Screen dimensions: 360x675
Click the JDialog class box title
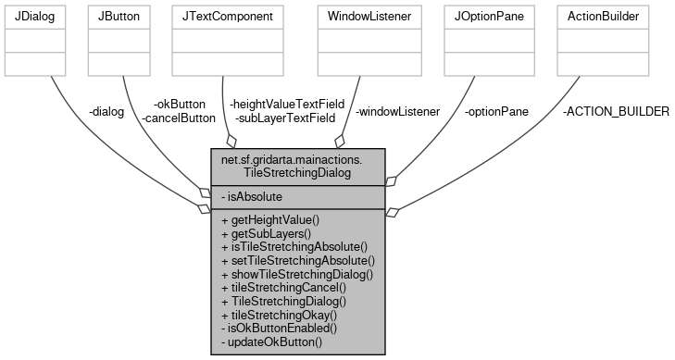point(35,17)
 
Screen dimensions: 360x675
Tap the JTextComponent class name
point(229,17)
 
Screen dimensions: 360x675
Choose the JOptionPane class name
point(487,17)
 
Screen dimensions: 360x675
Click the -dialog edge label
point(106,111)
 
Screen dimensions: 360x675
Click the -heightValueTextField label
point(286,104)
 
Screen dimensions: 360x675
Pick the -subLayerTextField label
point(284,118)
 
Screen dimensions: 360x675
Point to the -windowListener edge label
point(397,111)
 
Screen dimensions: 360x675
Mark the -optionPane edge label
point(497,111)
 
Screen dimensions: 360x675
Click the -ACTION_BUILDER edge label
point(616,111)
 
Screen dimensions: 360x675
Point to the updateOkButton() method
point(272,341)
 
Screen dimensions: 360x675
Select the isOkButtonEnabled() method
point(279,328)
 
